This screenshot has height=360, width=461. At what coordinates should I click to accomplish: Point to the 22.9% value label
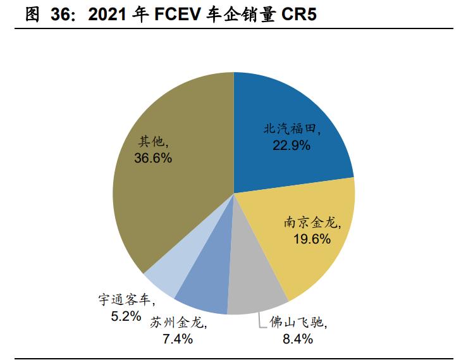click(292, 146)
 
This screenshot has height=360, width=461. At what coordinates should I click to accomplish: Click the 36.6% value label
click(153, 158)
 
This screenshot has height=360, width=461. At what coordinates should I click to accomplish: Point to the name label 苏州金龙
click(178, 322)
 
